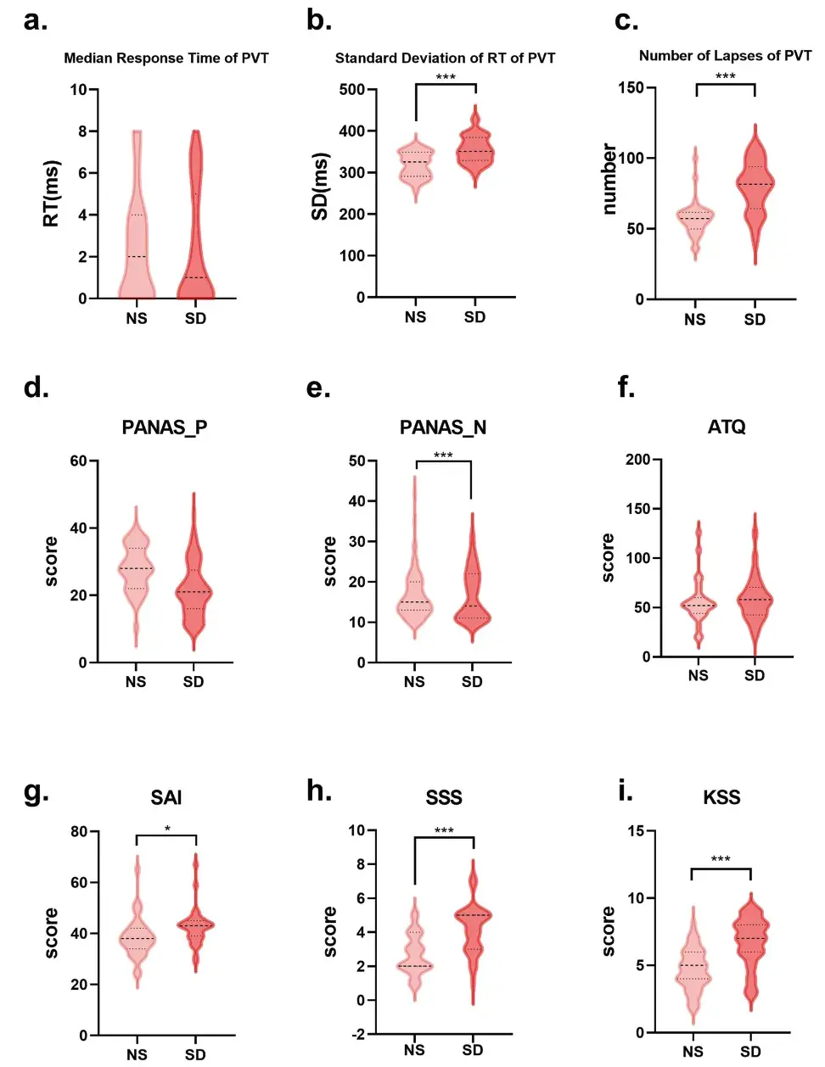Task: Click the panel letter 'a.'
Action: (x=36, y=20)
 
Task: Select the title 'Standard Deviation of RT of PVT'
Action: (x=445, y=58)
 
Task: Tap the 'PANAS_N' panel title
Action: (x=443, y=427)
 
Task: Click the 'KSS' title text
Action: (x=721, y=797)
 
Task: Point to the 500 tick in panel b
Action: (x=351, y=89)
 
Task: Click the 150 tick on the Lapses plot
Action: (x=631, y=87)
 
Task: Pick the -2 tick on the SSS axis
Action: (x=358, y=1034)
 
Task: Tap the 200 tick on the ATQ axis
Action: (x=637, y=460)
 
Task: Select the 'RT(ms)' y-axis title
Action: (x=51, y=193)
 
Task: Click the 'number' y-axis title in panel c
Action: (x=609, y=179)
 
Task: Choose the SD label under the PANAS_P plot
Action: (x=194, y=682)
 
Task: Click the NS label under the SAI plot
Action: (x=137, y=1054)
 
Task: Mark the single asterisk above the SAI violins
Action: (x=167, y=830)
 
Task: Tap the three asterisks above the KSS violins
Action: (x=721, y=860)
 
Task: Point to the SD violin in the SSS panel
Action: (x=473, y=916)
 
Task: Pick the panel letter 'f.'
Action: (x=626, y=388)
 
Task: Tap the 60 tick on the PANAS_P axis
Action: (x=78, y=461)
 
